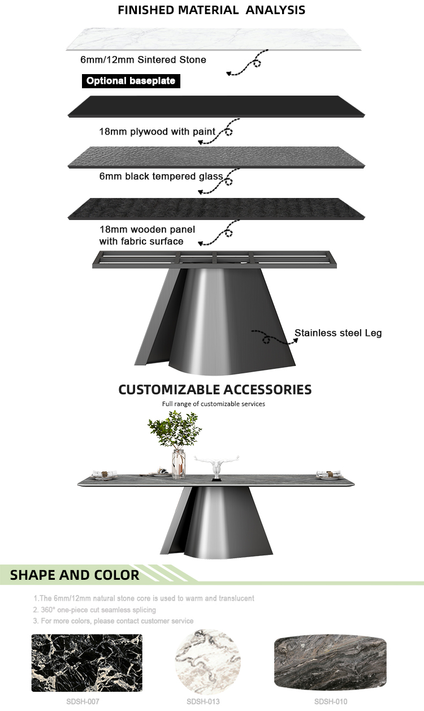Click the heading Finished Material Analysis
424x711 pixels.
[x=211, y=10]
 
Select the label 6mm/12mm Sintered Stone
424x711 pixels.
[x=143, y=59]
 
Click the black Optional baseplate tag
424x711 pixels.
[x=131, y=81]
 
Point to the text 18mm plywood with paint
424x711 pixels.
[x=157, y=132]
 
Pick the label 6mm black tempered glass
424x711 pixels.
[x=161, y=176]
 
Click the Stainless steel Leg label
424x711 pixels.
[x=338, y=333]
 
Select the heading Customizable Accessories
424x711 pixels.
[x=215, y=389]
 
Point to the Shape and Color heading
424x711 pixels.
[x=75, y=575]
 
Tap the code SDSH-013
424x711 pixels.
[x=203, y=701]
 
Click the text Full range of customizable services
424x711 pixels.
[x=214, y=404]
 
